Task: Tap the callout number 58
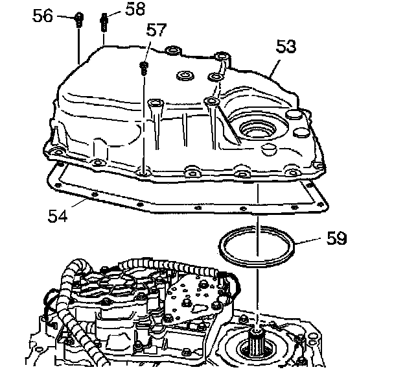135,9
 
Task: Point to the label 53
285,47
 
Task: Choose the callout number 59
336,238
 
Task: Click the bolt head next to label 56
78,18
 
